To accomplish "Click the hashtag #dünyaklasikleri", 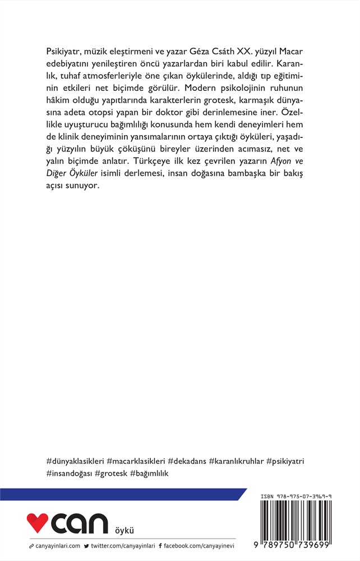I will (76, 461).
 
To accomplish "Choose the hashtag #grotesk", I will (112, 473).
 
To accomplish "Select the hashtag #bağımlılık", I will (149, 473).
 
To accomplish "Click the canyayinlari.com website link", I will (58, 545).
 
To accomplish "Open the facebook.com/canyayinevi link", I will (199, 545).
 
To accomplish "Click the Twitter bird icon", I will (86, 545).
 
